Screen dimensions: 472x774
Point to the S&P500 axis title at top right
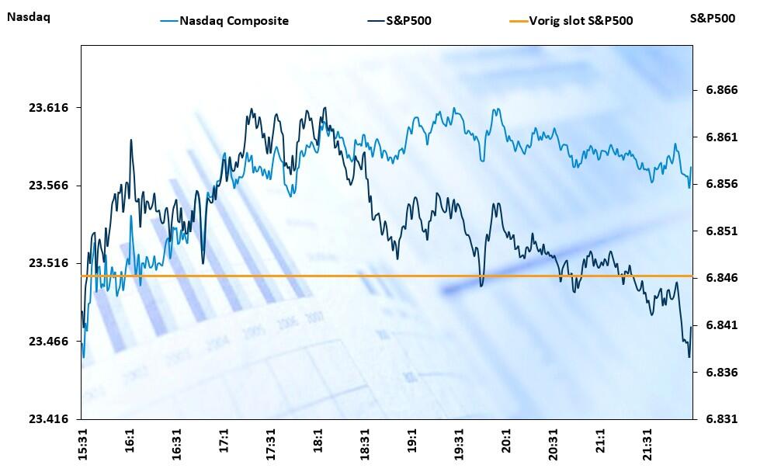point(712,18)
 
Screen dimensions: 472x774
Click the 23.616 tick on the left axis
point(49,107)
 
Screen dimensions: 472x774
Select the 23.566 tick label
point(49,186)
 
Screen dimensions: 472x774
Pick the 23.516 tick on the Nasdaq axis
point(49,263)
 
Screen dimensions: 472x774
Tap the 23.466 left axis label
point(49,342)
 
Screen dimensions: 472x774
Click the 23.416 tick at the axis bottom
point(49,419)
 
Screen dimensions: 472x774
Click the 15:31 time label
point(83,443)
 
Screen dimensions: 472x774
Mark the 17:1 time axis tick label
point(224,440)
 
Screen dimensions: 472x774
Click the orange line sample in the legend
point(517,21)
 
